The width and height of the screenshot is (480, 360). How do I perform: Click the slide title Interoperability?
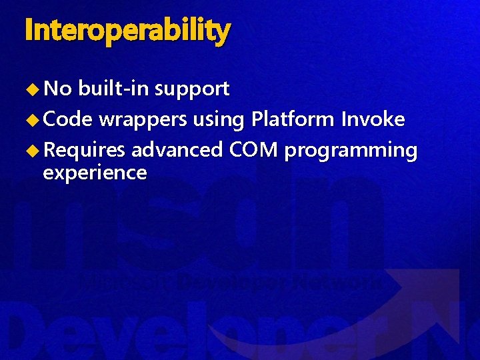click(x=127, y=31)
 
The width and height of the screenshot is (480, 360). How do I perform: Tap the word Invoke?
click(x=373, y=119)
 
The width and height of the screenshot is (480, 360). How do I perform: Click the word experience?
click(x=95, y=173)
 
